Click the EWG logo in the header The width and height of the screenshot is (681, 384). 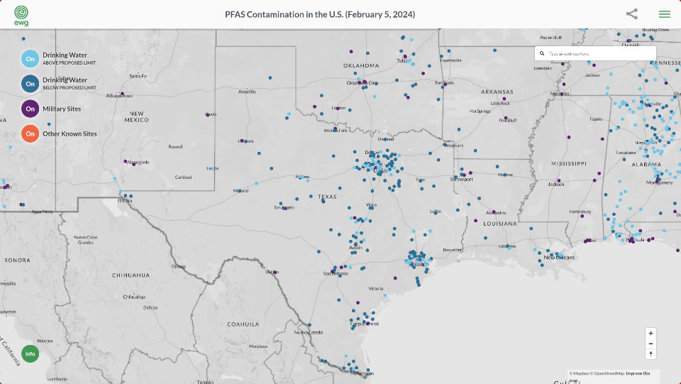pyautogui.click(x=21, y=14)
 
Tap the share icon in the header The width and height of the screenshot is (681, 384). pyautogui.click(x=631, y=14)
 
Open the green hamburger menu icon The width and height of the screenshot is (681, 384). pyautogui.click(x=664, y=14)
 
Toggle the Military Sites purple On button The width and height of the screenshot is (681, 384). pyautogui.click(x=30, y=109)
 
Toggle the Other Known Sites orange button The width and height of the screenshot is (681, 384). pyautogui.click(x=30, y=133)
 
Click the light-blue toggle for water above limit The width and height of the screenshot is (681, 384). pyautogui.click(x=30, y=59)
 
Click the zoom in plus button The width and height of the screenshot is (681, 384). pyautogui.click(x=650, y=333)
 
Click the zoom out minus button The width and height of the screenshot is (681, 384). pyautogui.click(x=650, y=344)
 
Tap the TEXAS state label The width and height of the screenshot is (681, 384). pyautogui.click(x=327, y=197)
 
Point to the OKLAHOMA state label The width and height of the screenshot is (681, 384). pyautogui.click(x=362, y=66)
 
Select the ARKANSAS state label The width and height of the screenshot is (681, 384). pyautogui.click(x=497, y=92)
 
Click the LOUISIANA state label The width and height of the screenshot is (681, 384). pyautogui.click(x=499, y=224)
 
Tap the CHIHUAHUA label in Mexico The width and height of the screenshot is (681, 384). pyautogui.click(x=131, y=275)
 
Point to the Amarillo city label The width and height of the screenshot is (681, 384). pyautogui.click(x=247, y=92)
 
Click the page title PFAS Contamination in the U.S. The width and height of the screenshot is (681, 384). pyautogui.click(x=320, y=14)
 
